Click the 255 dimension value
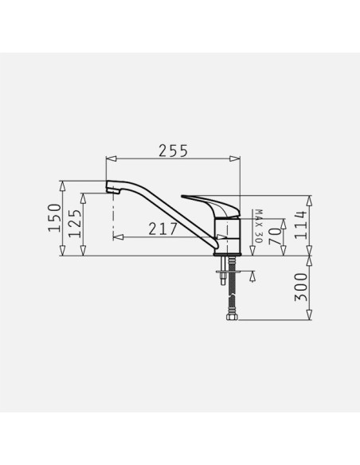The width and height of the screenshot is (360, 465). pos(173,150)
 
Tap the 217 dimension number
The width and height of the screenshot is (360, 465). pos(162,229)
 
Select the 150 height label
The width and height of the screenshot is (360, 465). pos(55,217)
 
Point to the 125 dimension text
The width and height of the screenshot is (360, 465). pos(74,223)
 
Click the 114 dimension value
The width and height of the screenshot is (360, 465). pos(300,225)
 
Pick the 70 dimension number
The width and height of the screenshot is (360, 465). pos(275,236)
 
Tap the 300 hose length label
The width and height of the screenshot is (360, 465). pos(301,287)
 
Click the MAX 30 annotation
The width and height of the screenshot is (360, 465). pos(259,226)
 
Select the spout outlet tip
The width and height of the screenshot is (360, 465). pos(112,190)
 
